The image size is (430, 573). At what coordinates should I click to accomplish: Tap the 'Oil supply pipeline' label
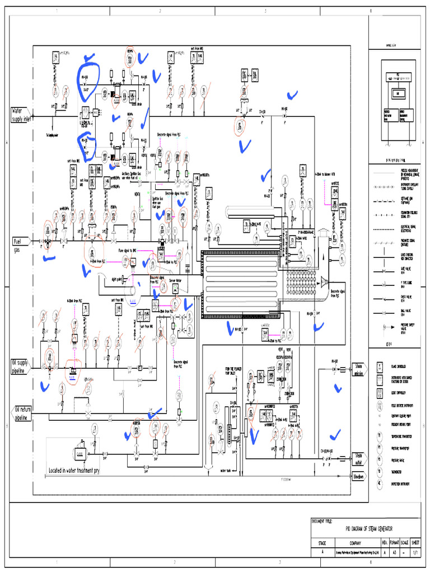click(22, 367)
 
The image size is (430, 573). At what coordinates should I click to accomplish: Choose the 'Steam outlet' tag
click(358, 459)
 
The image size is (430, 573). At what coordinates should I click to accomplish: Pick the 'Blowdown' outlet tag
click(358, 476)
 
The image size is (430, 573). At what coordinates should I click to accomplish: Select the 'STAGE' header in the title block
click(322, 543)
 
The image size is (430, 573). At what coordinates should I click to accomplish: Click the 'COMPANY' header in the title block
click(355, 543)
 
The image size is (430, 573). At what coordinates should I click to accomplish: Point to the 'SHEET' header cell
click(415, 543)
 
